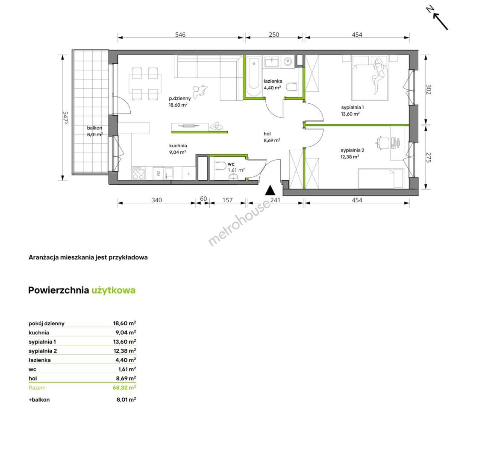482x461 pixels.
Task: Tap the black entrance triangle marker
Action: (x=270, y=190)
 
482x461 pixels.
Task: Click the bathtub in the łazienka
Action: (x=254, y=76)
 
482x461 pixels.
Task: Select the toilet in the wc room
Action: (x=220, y=166)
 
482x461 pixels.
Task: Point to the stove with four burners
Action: (x=138, y=174)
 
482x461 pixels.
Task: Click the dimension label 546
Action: (x=180, y=35)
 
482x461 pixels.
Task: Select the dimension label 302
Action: (x=429, y=89)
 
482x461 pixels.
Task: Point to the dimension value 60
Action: (x=203, y=199)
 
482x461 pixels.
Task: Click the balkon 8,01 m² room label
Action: (x=95, y=131)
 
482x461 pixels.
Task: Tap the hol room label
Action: (x=267, y=134)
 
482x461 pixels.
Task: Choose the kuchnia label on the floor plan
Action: (x=178, y=146)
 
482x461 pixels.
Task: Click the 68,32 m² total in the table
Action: (x=124, y=388)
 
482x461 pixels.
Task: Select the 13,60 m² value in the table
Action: (x=124, y=341)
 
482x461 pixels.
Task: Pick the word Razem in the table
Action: (x=37, y=388)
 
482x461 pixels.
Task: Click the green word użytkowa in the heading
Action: (x=113, y=291)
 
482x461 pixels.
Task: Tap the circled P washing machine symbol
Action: (x=288, y=61)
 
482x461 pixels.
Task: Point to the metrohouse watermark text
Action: (x=239, y=223)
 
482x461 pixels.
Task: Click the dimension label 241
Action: (x=275, y=200)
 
